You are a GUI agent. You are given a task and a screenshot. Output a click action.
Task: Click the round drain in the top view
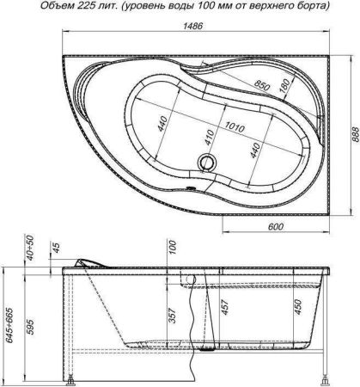[x=184, y=161]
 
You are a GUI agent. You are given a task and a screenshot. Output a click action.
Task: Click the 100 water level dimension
[x=172, y=249]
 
